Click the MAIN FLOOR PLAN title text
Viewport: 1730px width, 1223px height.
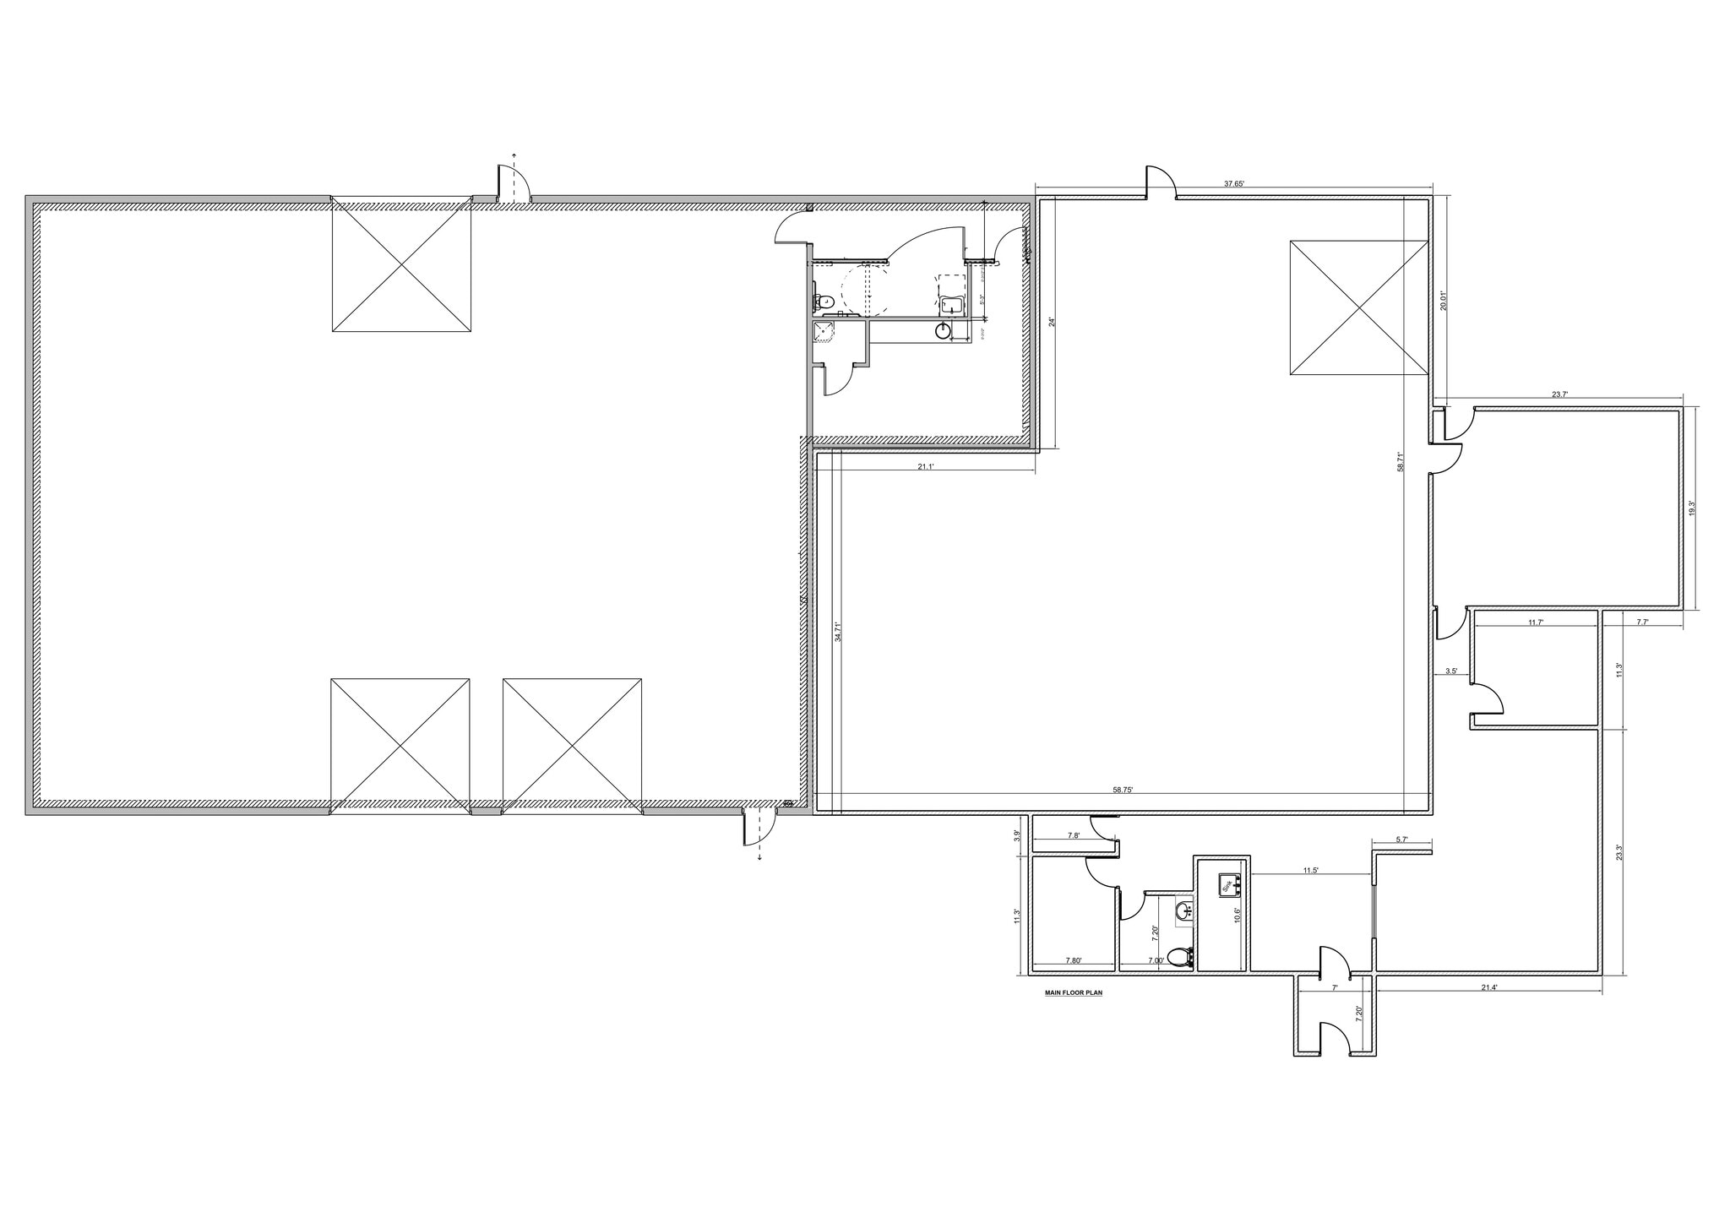pos(1074,993)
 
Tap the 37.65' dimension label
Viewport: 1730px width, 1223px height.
pos(1235,183)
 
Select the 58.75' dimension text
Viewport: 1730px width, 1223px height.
pos(1123,790)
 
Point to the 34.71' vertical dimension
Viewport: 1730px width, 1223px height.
pos(838,633)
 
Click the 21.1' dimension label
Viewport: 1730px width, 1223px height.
pos(925,466)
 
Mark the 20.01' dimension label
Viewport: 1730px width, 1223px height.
pos(1444,301)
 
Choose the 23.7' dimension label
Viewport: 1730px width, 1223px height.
pos(1559,394)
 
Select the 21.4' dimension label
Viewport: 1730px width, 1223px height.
pos(1488,987)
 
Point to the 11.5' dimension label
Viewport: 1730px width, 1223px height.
pos(1310,870)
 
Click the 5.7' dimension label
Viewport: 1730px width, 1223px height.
pos(1401,840)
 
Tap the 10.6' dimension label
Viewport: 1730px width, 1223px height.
pos(1237,916)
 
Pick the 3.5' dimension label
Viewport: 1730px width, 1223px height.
pos(1451,671)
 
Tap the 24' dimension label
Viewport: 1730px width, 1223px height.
pos(1051,322)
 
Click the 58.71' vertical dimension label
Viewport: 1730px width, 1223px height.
pos(1400,462)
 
